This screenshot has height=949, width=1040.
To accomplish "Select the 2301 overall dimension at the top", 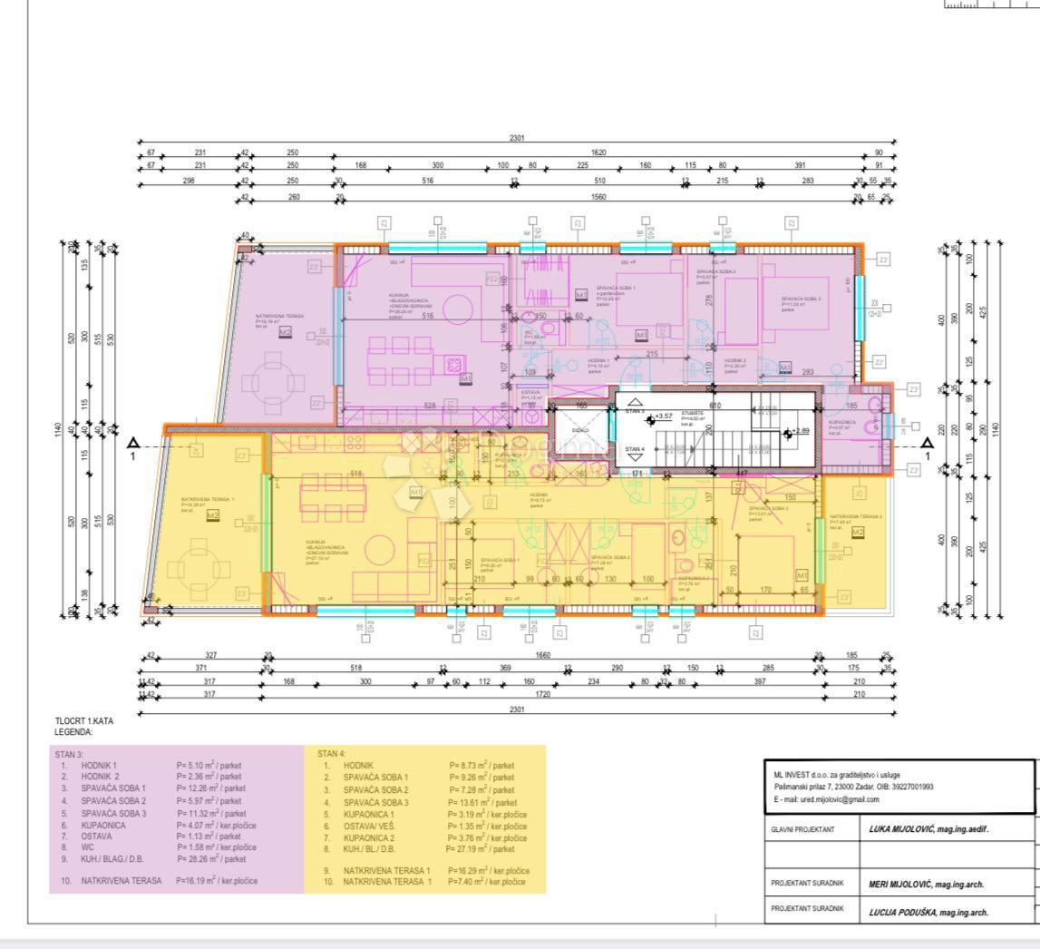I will tap(517, 137).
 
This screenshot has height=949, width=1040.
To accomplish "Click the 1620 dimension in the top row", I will tap(598, 152).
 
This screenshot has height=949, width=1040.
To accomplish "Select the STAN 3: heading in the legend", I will tap(69, 754).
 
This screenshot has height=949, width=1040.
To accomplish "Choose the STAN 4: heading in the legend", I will tap(332, 754).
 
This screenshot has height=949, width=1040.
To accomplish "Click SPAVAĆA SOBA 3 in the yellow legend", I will tap(375, 802).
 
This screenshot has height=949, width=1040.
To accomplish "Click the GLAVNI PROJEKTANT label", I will tap(803, 829).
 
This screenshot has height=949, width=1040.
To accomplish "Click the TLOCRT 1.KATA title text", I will tap(83, 720).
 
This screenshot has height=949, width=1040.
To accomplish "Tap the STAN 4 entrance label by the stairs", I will tap(635, 449).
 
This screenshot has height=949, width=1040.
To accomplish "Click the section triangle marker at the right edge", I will tap(927, 443).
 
